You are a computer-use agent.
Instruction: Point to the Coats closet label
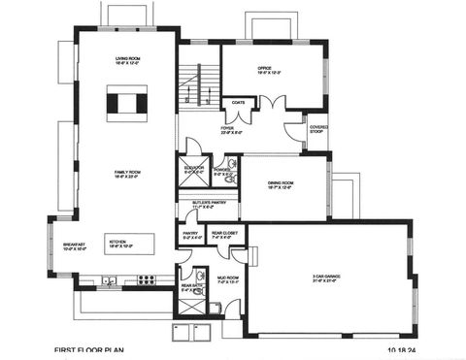point(236,102)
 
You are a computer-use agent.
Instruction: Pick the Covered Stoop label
point(318,128)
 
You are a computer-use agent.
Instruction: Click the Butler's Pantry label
point(210,205)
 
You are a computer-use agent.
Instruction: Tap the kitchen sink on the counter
point(114,281)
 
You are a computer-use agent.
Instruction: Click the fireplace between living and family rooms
point(127,102)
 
